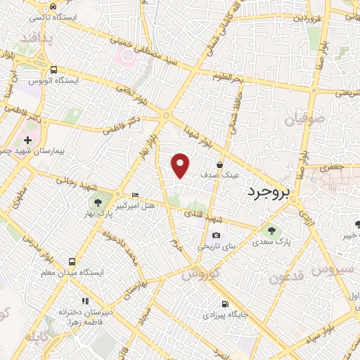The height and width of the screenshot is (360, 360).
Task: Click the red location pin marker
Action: [x=181, y=165]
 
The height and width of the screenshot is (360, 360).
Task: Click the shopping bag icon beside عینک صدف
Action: [x=220, y=165]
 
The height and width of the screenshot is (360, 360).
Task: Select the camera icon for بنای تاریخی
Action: [x=215, y=236]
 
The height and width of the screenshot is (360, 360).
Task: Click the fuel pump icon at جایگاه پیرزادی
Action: [x=224, y=304]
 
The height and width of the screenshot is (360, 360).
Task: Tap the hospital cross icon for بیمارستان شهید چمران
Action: [x=27, y=141]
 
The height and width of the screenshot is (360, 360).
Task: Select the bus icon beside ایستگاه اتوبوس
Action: [x=54, y=70]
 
